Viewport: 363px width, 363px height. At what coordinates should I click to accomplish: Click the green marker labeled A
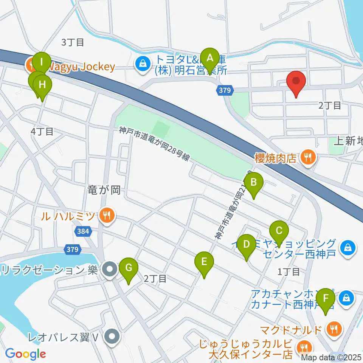tap(209, 59)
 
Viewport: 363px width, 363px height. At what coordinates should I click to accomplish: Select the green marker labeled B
tap(254, 183)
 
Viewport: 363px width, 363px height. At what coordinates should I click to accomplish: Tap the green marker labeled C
tap(279, 231)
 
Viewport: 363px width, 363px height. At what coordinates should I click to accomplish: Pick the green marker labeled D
tap(247, 244)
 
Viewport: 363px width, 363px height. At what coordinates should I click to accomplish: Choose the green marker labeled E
tap(204, 262)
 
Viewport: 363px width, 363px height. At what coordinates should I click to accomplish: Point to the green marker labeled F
tap(326, 298)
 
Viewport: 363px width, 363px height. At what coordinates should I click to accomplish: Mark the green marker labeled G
tap(129, 268)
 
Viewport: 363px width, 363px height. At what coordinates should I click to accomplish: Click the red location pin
tap(296, 81)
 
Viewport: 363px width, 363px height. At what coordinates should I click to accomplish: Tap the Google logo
tap(25, 354)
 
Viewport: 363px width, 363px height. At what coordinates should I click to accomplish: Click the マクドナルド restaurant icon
tap(334, 329)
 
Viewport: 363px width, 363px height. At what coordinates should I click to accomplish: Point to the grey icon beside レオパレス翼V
tap(112, 335)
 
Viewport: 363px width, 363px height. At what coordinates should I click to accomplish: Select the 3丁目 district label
tap(72, 42)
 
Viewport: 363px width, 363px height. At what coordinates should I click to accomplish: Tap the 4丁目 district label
tap(42, 132)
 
